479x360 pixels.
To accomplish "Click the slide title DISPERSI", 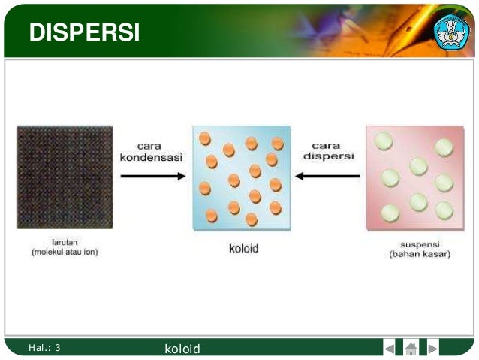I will tap(84, 32).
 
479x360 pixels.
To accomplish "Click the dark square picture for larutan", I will tap(65, 177).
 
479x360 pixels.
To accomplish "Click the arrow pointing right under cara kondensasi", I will tap(152, 177).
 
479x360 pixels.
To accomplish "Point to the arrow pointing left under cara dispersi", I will tap(327, 177).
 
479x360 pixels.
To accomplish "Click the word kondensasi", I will tap(152, 157).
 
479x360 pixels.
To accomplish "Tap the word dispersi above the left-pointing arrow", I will tap(329, 157).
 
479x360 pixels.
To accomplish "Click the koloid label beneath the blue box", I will tap(243, 249).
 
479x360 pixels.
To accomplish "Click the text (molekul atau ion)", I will tap(65, 253).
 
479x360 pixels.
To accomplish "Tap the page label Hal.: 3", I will tap(44, 348).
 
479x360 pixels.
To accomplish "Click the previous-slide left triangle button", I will tap(389, 349).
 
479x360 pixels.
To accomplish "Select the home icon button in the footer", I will tap(411, 349).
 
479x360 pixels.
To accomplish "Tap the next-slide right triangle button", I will tap(432, 349).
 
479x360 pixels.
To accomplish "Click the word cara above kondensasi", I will tap(152, 145).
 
